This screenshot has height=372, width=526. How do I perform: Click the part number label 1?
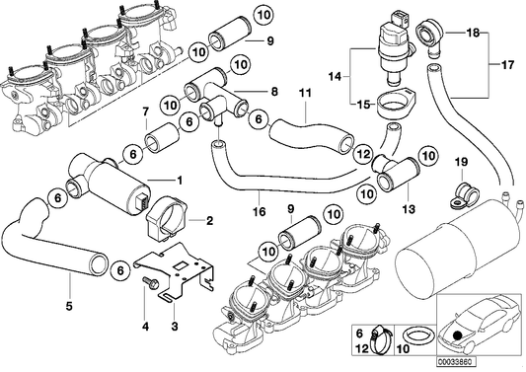click(180, 181)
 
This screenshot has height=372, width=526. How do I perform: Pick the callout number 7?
click(146, 111)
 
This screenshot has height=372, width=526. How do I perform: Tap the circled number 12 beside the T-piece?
click(362, 155)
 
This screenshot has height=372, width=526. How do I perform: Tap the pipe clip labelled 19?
click(459, 192)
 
